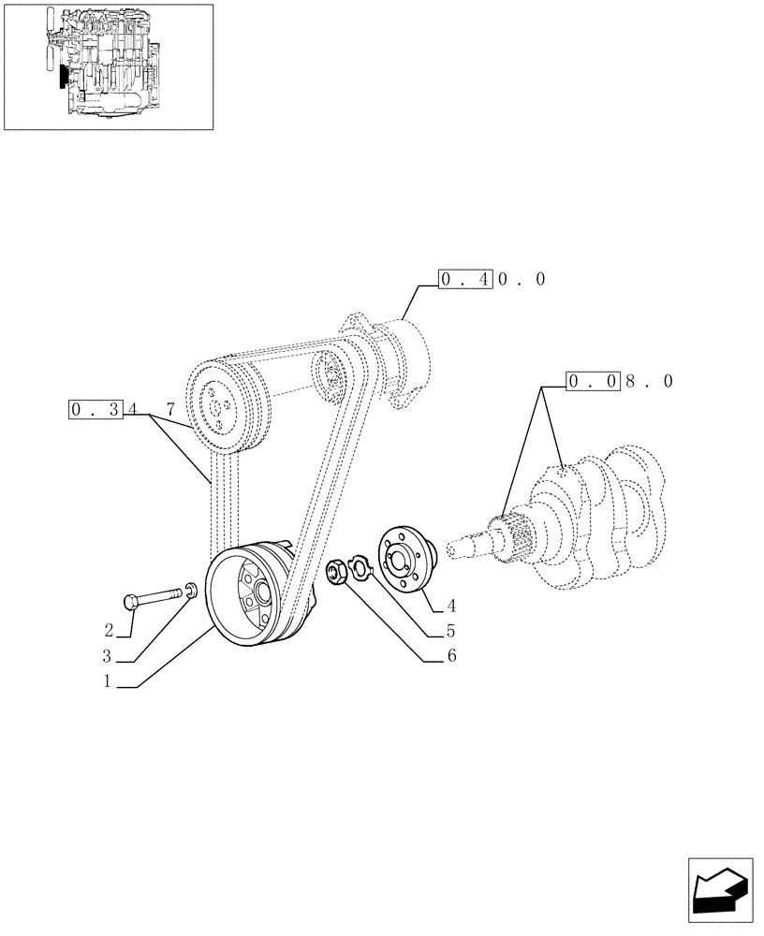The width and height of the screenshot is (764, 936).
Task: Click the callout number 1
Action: click(108, 682)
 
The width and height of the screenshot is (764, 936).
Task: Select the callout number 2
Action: click(109, 629)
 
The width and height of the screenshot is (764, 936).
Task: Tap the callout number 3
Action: click(109, 655)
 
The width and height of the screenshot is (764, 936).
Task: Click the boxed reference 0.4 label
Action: click(465, 279)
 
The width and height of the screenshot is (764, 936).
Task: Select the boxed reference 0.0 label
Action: click(593, 381)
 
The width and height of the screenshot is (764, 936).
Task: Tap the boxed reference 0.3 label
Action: click(96, 409)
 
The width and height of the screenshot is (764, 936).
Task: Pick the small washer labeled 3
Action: click(190, 589)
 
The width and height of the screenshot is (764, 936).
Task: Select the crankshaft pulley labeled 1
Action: click(246, 598)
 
